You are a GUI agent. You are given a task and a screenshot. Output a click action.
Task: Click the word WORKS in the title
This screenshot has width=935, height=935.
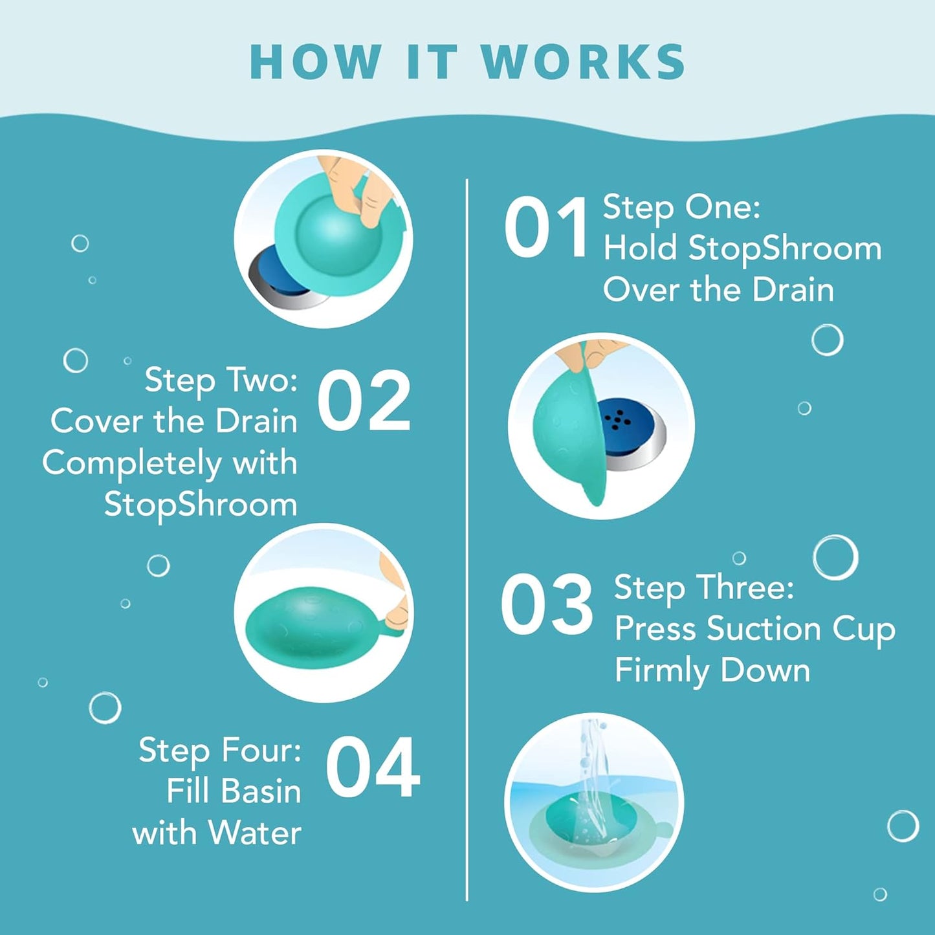pyautogui.click(x=583, y=63)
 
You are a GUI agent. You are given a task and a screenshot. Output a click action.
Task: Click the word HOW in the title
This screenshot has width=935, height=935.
pyautogui.click(x=315, y=63)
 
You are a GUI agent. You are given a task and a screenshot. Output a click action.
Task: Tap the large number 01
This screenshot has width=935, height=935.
pyautogui.click(x=547, y=228)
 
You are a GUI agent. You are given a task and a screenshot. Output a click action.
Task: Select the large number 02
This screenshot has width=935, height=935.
pyautogui.click(x=364, y=402)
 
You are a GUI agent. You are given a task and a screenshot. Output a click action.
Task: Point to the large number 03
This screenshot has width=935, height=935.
pyautogui.click(x=547, y=606)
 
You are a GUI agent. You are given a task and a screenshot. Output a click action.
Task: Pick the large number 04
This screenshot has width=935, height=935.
pyautogui.click(x=373, y=769)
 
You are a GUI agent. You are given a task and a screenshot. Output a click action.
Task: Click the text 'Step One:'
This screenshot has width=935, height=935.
pyautogui.click(x=681, y=207)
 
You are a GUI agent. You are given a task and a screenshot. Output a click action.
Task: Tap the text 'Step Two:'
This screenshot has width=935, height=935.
pyautogui.click(x=221, y=380)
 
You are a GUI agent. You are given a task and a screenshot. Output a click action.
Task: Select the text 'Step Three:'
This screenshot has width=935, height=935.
pyautogui.click(x=704, y=588)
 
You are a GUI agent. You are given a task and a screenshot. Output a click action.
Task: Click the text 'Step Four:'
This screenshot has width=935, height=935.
pyautogui.click(x=220, y=751)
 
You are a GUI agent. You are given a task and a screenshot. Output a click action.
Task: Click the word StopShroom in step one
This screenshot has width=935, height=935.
pyautogui.click(x=784, y=249)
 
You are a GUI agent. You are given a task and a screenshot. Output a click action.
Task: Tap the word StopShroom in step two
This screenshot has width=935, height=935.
pyautogui.click(x=201, y=505)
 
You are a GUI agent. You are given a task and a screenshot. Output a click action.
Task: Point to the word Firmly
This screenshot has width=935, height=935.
pyautogui.click(x=661, y=670)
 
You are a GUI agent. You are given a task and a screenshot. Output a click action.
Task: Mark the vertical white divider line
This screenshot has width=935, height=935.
pyautogui.click(x=467, y=537)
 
